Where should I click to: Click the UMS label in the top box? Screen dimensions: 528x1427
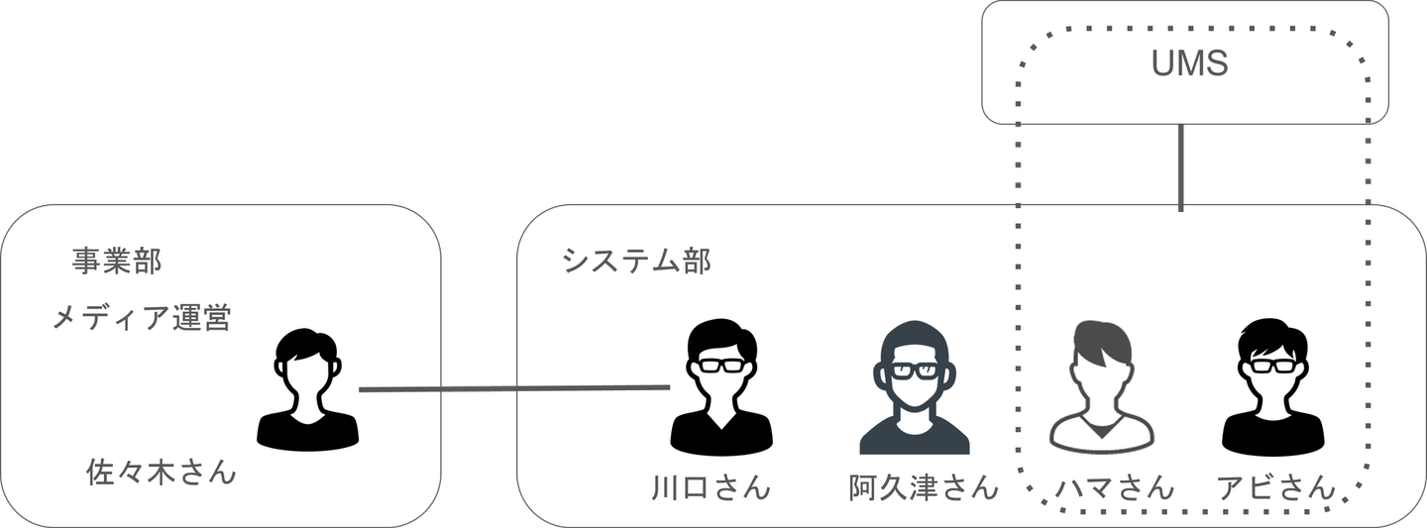tap(1190, 64)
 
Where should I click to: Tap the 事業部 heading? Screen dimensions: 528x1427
tap(117, 262)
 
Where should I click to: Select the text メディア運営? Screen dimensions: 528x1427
tap(141, 318)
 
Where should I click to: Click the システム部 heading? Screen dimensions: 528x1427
tap(635, 262)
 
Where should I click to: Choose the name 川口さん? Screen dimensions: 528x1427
tap(711, 488)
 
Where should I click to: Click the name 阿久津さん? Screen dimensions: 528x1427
tap(924, 488)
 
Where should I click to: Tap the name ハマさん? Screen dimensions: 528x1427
tap(1114, 487)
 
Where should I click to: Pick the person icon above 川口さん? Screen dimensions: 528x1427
tap(720, 387)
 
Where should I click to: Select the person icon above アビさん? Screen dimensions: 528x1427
tap(1272, 387)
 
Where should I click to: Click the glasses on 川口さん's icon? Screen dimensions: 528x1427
tap(720, 365)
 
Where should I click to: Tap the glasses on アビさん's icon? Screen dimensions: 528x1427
tap(1272, 365)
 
